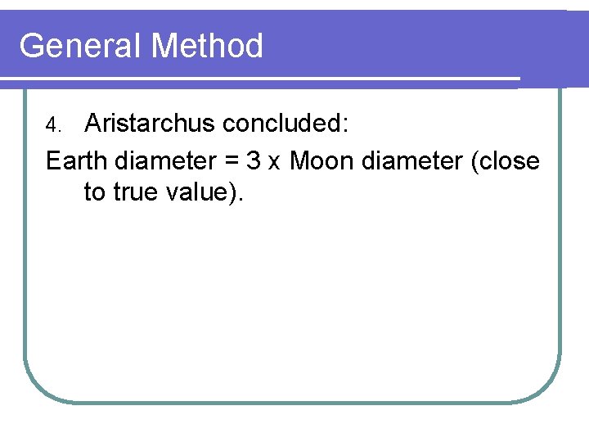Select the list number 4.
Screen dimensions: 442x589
52,126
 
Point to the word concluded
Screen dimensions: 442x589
282,124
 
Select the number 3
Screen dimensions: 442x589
254,161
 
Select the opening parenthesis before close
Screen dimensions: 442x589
476,162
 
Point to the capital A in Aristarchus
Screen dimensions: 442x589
93,124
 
